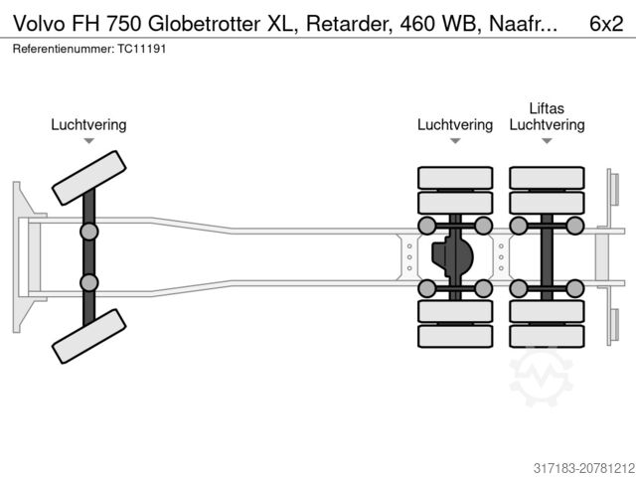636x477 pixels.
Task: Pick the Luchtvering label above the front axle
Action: tap(89, 125)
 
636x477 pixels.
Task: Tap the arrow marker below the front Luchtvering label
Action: tap(89, 141)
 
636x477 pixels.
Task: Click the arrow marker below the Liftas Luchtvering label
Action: tap(547, 141)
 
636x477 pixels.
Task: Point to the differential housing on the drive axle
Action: tap(453, 256)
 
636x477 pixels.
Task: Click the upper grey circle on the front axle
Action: tap(88, 232)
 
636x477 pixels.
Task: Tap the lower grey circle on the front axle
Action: tap(88, 282)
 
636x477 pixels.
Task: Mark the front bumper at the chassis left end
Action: tap(22, 256)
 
